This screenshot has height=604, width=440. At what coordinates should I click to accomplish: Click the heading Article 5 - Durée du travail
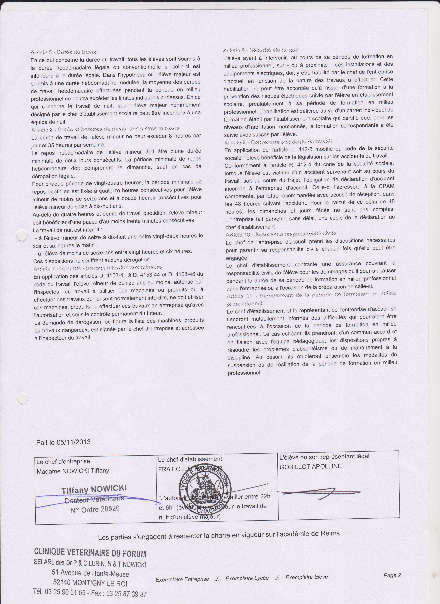coord(64,52)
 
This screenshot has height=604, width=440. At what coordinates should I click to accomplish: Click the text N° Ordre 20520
coord(95,509)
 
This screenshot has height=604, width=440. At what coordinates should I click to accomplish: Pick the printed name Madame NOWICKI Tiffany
coord(73,471)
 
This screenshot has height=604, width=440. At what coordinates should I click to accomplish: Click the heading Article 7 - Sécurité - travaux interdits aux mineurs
coord(97,268)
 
